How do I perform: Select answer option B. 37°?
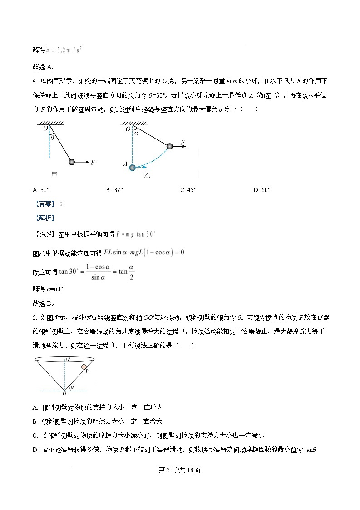(x=114, y=190)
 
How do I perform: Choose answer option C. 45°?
(x=188, y=190)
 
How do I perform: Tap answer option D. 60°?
(x=261, y=190)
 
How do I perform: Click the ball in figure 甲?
(x=71, y=162)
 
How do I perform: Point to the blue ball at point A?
(x=132, y=167)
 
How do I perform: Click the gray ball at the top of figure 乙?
(x=169, y=146)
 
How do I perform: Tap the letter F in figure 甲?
(x=93, y=162)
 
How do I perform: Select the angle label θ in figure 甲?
(x=52, y=138)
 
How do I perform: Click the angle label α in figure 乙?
(x=135, y=133)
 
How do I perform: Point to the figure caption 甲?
(x=55, y=174)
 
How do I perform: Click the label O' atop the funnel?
(x=68, y=360)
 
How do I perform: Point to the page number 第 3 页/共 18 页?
(x=180, y=470)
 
